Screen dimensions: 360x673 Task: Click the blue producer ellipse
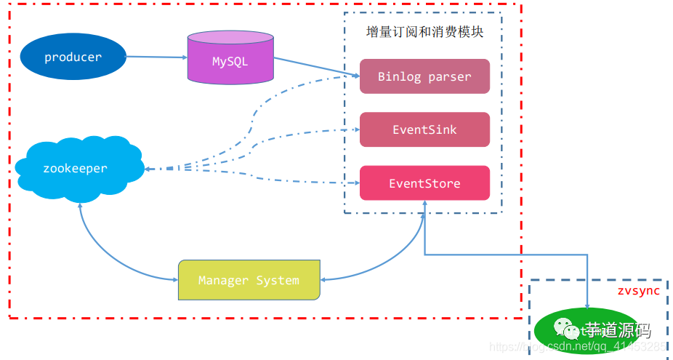point(73,57)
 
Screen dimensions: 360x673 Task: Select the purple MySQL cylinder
point(230,62)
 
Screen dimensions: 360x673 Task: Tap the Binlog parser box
point(424,76)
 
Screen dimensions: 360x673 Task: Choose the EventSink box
point(424,129)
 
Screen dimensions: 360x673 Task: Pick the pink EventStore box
point(424,183)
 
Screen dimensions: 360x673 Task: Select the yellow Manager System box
point(249,280)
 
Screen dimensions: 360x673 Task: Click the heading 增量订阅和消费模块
point(424,33)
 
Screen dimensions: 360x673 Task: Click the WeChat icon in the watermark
point(563,331)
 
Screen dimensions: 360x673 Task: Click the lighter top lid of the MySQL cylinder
point(230,38)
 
